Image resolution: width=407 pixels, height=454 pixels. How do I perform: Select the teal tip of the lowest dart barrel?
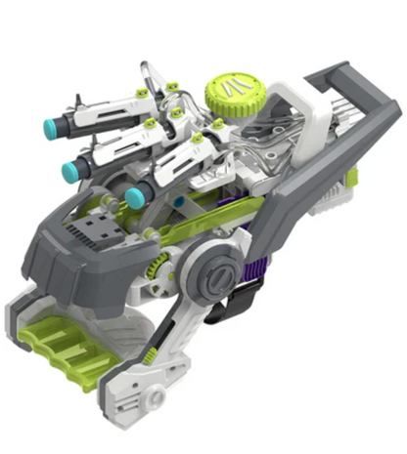[133, 198]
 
